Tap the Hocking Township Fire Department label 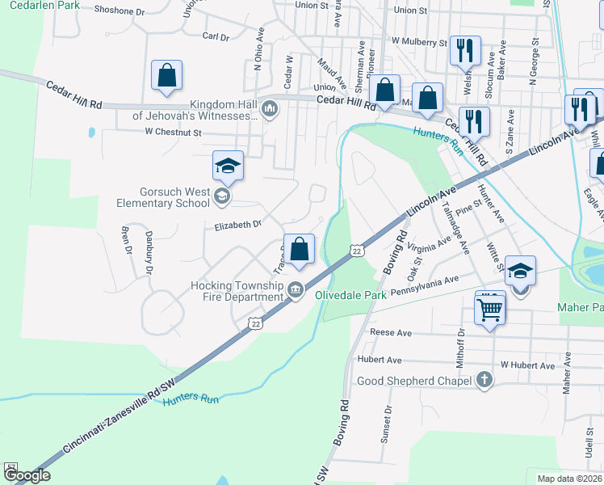tap(236, 291)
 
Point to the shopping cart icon tap(491, 309)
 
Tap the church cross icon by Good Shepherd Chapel tap(484, 380)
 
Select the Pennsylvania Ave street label tap(425, 285)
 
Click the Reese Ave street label tap(391, 332)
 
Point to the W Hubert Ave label tap(527, 365)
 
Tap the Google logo tap(27, 475)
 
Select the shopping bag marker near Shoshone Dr tap(166, 76)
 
